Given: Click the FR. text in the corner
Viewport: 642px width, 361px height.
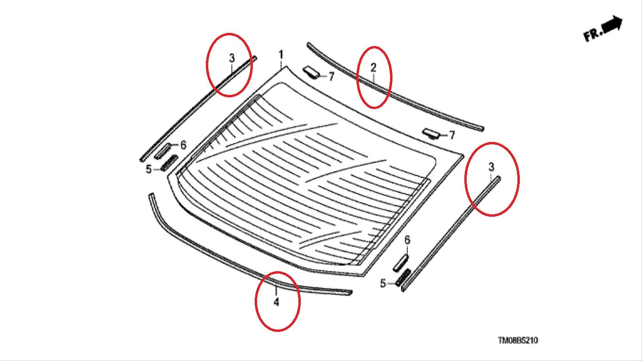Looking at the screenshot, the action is click(593, 35).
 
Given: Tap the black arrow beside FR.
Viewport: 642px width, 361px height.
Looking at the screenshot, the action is click(612, 24).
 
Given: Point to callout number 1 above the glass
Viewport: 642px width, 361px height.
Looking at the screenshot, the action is click(281, 55).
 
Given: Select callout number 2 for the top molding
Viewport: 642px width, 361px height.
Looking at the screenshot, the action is click(373, 68).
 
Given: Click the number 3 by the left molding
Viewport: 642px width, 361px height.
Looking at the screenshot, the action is click(232, 58).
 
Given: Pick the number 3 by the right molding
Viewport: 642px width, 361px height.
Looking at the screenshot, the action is click(491, 166).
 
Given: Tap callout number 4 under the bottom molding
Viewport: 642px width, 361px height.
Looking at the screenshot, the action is click(276, 302).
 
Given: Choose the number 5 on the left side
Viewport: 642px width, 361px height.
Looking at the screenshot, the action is click(149, 169).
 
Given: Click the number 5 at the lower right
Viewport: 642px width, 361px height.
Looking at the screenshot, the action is click(383, 283).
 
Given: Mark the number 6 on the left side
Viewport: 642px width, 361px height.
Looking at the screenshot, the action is click(183, 145).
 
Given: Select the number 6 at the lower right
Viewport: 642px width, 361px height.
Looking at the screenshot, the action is click(407, 240).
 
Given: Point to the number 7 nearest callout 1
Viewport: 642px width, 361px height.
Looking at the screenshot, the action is click(331, 77).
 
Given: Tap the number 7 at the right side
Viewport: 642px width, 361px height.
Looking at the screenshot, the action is click(452, 135).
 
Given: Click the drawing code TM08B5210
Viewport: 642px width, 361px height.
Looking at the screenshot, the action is click(518, 340).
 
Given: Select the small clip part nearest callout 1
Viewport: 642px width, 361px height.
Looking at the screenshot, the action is click(311, 72).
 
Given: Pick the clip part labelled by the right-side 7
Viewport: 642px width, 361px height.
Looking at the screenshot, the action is click(431, 133).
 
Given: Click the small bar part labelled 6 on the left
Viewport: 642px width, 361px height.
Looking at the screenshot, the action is click(163, 151).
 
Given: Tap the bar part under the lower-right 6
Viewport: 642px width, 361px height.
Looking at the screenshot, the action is click(401, 263).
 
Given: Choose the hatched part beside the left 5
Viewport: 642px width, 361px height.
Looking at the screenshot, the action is click(169, 163).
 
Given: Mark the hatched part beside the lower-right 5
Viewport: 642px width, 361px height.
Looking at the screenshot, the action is click(403, 277).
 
